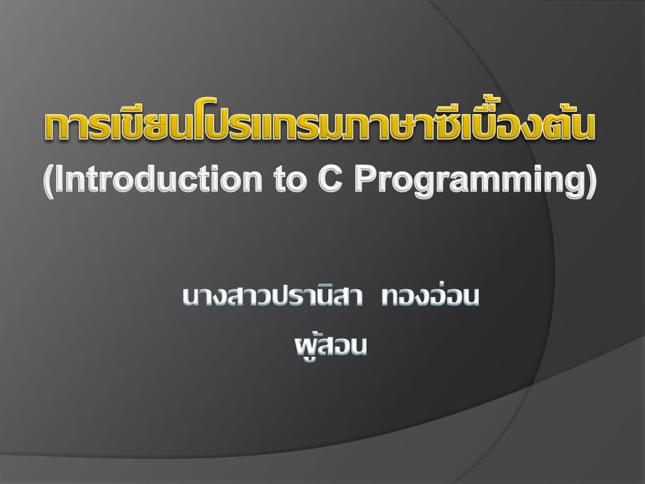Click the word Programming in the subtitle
tap(469, 183)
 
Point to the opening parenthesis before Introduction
tap(49, 182)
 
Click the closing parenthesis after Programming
tap(591, 182)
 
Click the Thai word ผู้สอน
tap(331, 347)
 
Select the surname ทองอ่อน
tap(430, 296)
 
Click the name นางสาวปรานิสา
tap(272, 296)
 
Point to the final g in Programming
tap(574, 187)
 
